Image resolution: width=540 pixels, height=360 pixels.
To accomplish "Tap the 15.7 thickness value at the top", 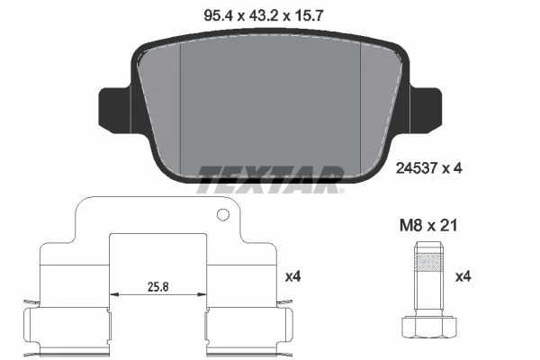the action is point(309,15).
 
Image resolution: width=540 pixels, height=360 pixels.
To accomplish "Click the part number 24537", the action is point(417,168).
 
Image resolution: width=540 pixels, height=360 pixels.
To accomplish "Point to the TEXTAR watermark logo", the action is point(270,179).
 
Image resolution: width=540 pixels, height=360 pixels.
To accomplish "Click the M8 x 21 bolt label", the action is point(428,226).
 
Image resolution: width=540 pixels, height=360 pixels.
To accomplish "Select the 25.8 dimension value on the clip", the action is point(158,286).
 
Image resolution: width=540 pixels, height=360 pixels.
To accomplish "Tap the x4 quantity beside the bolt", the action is point(463,276).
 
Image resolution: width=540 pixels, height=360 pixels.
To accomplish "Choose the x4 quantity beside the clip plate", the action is point(293,276).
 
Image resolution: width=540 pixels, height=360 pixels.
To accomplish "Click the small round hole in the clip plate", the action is point(223,214).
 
